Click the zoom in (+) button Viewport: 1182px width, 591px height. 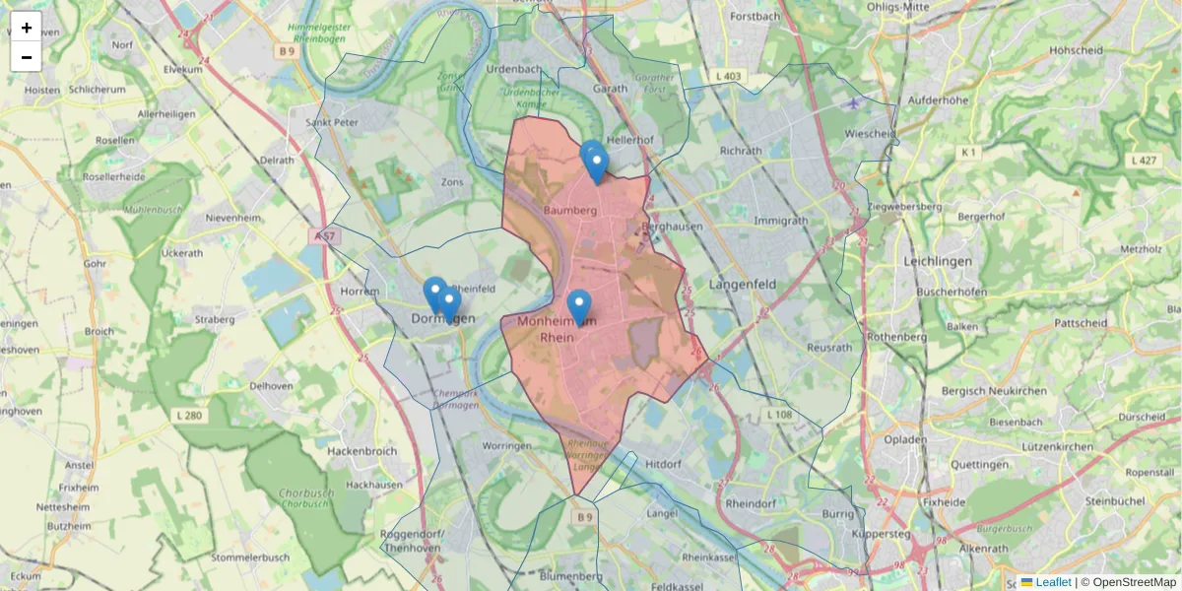27,28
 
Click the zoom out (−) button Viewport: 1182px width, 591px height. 27,57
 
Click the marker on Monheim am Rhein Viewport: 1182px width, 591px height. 579,306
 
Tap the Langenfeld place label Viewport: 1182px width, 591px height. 743,285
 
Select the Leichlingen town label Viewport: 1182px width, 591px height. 938,261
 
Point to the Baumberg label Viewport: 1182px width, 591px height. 571,210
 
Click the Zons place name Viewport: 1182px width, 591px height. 452,183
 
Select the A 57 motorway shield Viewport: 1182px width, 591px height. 327,236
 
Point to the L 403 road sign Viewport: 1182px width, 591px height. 729,76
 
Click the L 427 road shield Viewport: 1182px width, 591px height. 1144,160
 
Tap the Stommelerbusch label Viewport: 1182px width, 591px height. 249,558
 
